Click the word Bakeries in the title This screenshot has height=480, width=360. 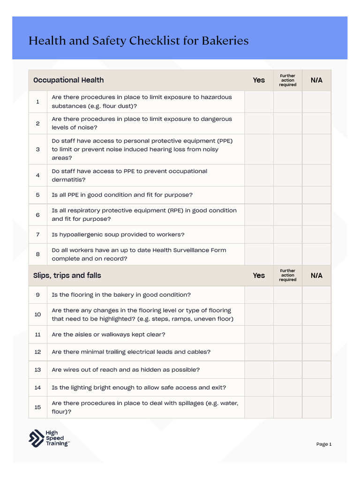(x=225, y=41)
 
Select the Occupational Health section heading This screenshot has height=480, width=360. (x=68, y=80)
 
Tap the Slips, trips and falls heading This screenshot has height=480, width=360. (x=67, y=276)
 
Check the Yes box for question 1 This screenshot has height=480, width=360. (x=259, y=102)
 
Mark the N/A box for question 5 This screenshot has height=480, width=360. (x=316, y=195)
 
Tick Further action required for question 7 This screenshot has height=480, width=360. (x=288, y=234)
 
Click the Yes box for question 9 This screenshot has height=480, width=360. (x=259, y=295)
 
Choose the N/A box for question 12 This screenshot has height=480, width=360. (x=316, y=352)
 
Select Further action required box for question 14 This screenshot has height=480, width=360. (x=288, y=388)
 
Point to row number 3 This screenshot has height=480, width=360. (x=38, y=150)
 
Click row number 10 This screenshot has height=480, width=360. (x=38, y=315)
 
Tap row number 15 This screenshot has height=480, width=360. (x=38, y=407)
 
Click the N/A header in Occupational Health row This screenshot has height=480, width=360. (x=316, y=80)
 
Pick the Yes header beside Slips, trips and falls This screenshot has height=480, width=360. (x=259, y=276)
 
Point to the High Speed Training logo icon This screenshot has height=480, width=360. (x=36, y=438)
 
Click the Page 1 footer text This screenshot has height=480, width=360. (x=324, y=444)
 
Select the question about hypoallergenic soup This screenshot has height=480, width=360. (x=118, y=234)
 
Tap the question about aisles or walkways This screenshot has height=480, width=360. (x=108, y=335)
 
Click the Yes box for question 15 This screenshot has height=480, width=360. (x=259, y=407)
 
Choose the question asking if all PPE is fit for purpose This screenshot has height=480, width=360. (x=122, y=195)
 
